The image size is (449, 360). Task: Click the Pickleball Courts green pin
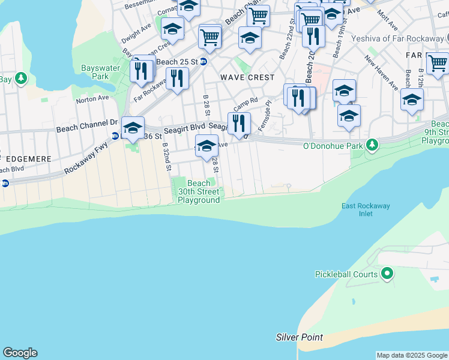point(388,275)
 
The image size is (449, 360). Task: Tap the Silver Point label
point(300,337)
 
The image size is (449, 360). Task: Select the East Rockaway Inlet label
point(366,210)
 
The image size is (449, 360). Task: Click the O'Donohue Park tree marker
point(372,145)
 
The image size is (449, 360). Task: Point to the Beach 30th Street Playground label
point(199,192)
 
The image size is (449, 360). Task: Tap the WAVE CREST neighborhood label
point(247,77)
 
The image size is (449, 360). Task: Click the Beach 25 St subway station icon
point(203,62)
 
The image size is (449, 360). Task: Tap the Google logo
point(20,353)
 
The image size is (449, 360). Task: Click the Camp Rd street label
point(246,104)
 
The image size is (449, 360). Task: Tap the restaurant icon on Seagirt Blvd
point(239,123)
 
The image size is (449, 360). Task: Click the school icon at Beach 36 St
point(133,127)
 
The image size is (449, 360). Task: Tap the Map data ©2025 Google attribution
point(412,355)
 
